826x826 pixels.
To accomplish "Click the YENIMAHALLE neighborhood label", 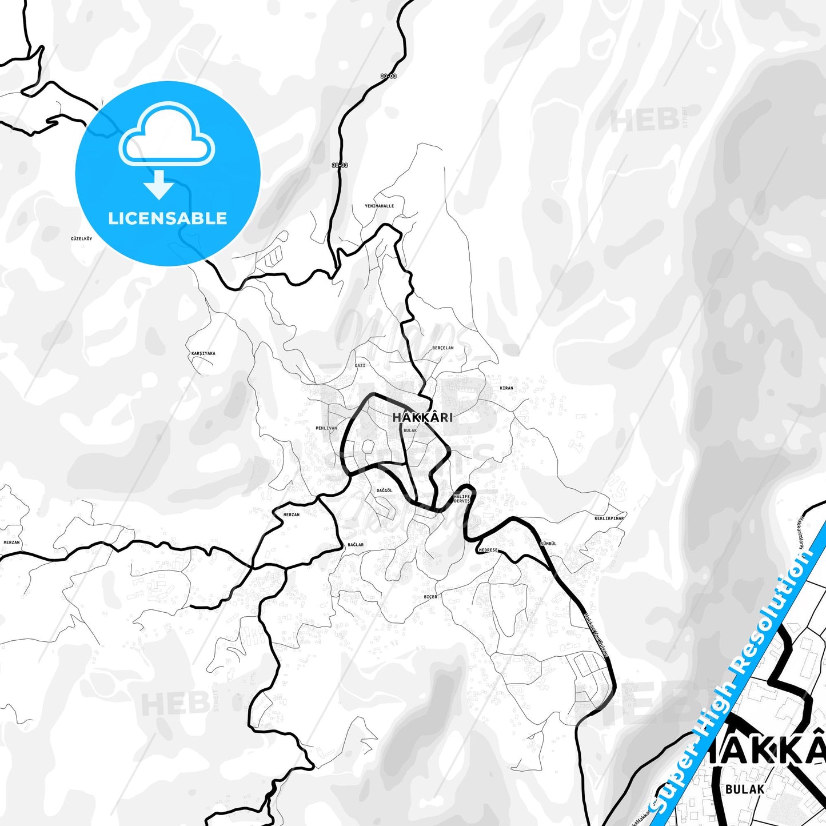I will [x=380, y=206].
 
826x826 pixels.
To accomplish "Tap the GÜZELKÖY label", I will [x=81, y=238].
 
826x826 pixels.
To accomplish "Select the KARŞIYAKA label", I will [x=203, y=353].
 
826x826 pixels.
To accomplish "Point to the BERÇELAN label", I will [x=443, y=348].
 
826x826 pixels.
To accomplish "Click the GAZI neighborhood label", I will [x=360, y=365].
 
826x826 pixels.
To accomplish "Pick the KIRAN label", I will [x=506, y=388].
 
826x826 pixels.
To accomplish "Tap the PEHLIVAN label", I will [x=326, y=428].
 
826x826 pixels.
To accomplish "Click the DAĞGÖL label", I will [x=385, y=490].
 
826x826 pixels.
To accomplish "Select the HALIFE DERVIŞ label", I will [x=462, y=499].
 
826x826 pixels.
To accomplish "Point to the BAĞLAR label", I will [x=356, y=545].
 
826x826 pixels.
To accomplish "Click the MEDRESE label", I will [x=488, y=550].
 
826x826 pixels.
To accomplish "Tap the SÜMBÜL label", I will [x=548, y=544].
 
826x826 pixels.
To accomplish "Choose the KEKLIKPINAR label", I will [x=609, y=518].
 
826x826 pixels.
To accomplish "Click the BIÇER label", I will [x=430, y=597].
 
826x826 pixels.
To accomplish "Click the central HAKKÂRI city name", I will [x=422, y=417].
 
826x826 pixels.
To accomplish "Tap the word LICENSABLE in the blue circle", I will [x=167, y=218].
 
